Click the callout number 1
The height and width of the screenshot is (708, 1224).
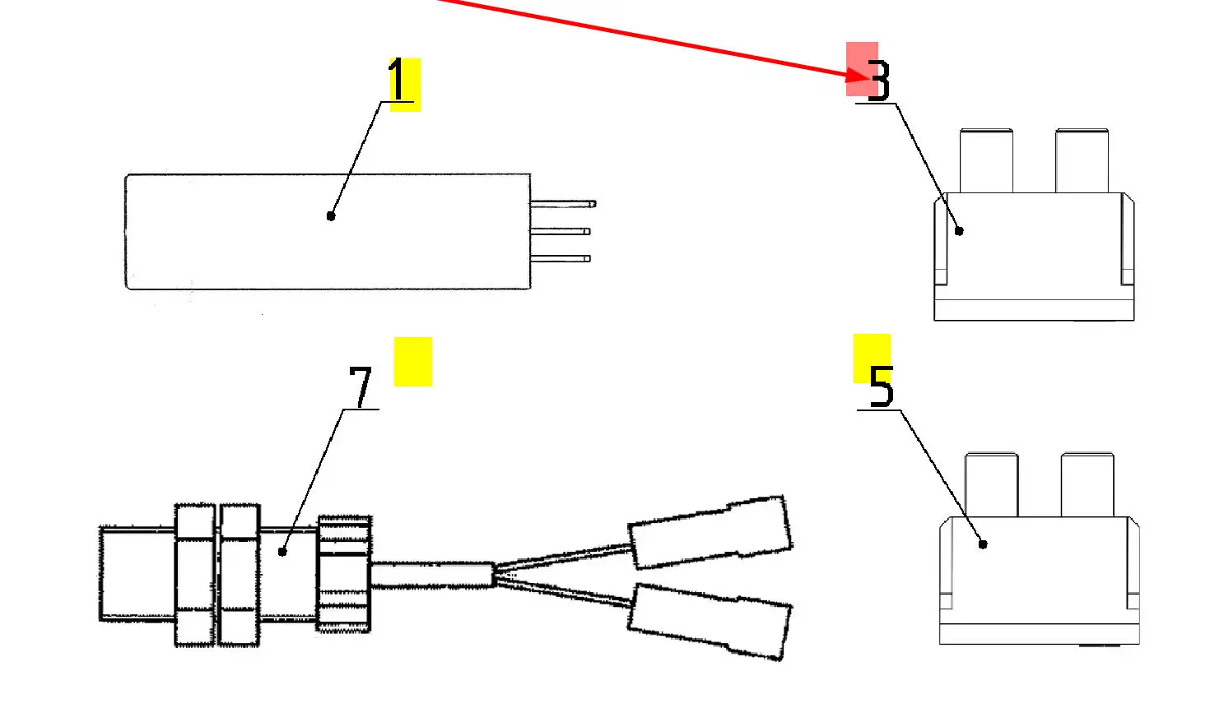click(398, 81)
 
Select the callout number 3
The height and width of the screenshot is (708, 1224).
click(879, 81)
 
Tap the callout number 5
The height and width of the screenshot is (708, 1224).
click(881, 386)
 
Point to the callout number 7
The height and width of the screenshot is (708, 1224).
click(361, 386)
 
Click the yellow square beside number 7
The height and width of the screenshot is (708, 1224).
click(412, 361)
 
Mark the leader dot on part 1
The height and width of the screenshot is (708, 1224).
click(331, 215)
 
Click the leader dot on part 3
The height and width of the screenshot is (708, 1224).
click(959, 231)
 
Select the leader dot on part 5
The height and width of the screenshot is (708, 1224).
click(982, 544)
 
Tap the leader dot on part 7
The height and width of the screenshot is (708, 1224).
click(282, 552)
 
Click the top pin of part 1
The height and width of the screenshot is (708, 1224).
click(563, 203)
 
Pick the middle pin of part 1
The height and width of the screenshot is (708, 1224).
click(561, 232)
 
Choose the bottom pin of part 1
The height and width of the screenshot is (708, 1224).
click(561, 258)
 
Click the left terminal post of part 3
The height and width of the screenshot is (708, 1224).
click(986, 160)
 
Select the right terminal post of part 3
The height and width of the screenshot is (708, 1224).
click(1082, 160)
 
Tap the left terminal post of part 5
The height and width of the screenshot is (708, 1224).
click(991, 484)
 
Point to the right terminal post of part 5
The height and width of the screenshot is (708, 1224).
click(1087, 484)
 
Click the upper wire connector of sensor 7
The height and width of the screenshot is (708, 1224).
click(710, 532)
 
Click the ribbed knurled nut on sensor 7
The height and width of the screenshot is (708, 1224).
click(344, 573)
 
